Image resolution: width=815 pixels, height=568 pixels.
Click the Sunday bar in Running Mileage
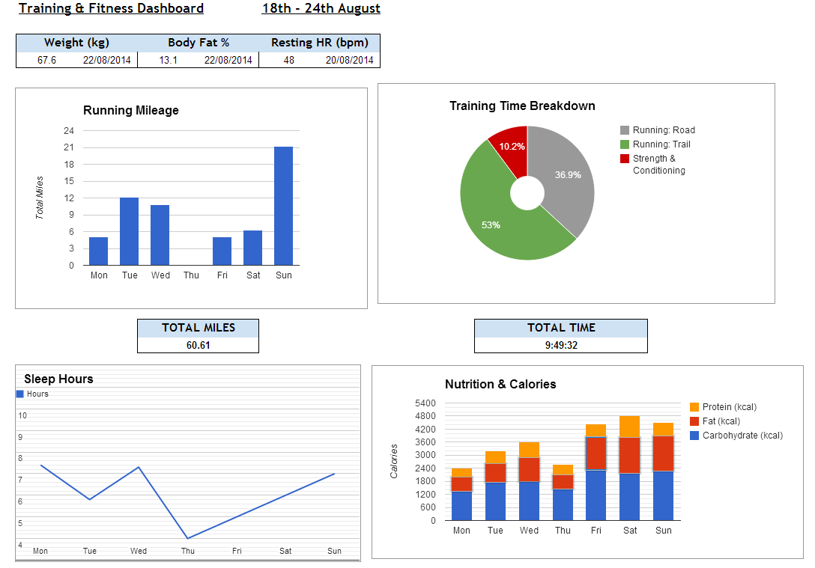coord(283,206)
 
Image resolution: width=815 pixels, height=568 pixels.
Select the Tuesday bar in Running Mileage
coord(129,231)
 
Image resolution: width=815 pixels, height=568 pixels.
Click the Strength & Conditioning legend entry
coord(653,164)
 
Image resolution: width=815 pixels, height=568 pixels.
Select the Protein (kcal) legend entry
coord(723,407)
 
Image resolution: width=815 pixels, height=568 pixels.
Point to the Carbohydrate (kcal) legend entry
coord(736,436)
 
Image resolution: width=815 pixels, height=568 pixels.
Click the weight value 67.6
coord(46,60)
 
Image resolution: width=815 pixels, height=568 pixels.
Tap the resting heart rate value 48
coord(289,60)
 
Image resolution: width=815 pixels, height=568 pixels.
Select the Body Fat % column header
coord(199,43)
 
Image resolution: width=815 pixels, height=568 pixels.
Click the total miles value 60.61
coord(198,345)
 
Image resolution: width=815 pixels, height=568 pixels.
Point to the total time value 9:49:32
coord(561,345)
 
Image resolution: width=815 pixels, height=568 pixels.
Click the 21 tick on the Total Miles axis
coord(69,147)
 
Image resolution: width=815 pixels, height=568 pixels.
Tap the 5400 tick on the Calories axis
coord(425,403)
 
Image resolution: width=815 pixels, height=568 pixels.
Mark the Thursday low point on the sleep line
coord(187,538)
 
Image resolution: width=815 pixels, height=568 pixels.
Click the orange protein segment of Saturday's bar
coord(629,427)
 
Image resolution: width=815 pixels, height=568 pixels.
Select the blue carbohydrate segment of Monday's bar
coord(461,506)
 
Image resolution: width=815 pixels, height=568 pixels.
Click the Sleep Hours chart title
coord(58,379)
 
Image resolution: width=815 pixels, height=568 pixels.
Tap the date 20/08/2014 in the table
coord(349,60)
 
